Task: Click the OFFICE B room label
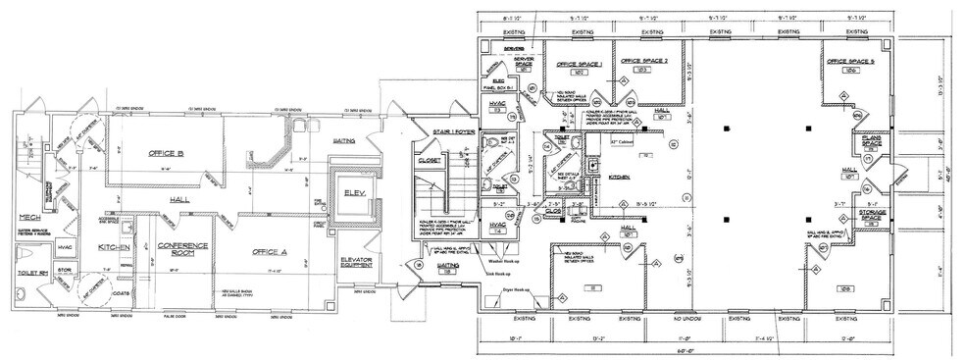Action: click(x=167, y=153)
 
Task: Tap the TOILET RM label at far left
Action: click(x=22, y=290)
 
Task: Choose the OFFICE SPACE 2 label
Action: click(x=644, y=61)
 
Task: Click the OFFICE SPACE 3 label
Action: click(x=849, y=61)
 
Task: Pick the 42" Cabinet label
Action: click(x=623, y=142)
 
